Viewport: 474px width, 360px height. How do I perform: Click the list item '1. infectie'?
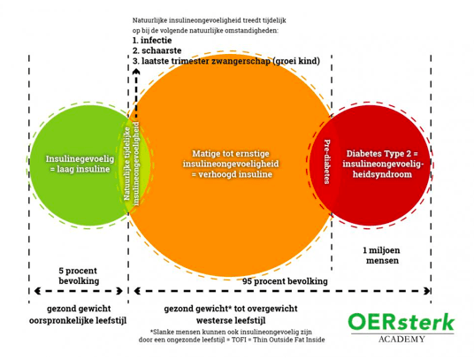point(152,41)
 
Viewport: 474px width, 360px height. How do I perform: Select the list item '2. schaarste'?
point(157,50)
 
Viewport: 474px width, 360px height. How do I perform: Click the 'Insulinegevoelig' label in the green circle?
point(80,159)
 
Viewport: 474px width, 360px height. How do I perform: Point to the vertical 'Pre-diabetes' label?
point(327,161)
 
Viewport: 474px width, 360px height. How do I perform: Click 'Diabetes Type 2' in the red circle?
point(378,154)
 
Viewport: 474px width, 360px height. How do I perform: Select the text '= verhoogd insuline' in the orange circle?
point(232,174)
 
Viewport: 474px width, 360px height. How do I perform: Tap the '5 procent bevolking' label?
point(79,276)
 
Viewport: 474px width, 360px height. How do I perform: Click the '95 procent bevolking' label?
point(285,281)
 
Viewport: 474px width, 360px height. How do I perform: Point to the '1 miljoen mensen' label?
point(382,256)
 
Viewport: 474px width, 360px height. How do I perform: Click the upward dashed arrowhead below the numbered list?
point(136,72)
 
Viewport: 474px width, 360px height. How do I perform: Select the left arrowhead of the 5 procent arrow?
point(38,291)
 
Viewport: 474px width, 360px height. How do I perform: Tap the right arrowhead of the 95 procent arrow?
point(427,291)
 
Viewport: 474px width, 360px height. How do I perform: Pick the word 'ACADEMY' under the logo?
point(401,339)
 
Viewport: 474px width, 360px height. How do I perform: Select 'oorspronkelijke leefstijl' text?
point(78,320)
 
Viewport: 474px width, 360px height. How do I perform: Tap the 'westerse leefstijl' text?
point(231,320)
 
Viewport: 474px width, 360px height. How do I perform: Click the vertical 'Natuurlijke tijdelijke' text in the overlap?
point(127,164)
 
